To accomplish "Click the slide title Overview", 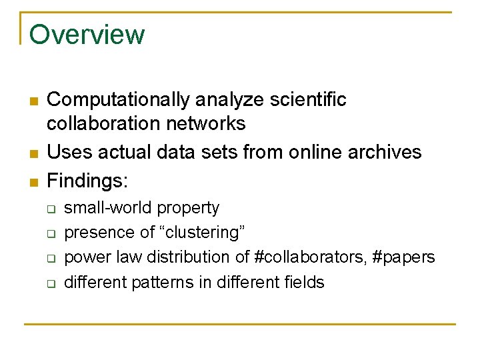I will point(87,35).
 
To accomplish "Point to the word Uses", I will point(69,152).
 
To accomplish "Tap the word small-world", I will point(108,209).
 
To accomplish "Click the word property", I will point(188,209).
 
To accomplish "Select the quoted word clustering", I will point(202,233).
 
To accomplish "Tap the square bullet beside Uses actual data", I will point(32,153).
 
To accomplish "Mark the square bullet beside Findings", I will point(32,181).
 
